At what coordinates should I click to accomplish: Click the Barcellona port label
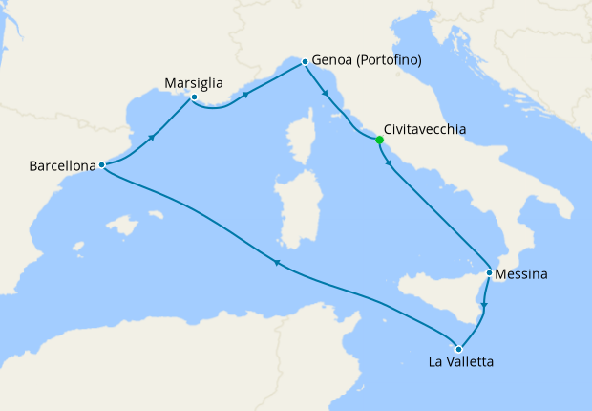point(63,165)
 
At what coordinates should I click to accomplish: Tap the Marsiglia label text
point(193,82)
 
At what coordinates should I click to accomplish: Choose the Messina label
point(523,274)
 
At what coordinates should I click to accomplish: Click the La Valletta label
point(462,361)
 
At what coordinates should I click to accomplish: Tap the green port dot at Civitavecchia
point(380,140)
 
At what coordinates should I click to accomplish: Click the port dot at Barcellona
point(102,165)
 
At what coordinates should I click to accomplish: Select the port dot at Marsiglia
point(194,97)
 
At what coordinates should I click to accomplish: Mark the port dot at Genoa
point(305,61)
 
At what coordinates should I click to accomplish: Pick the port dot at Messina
point(490,273)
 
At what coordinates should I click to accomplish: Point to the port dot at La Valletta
point(459,348)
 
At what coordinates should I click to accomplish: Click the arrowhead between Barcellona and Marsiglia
point(151,139)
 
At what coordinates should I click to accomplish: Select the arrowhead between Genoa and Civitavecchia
point(327,95)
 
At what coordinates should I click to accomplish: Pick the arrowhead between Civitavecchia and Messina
point(388,163)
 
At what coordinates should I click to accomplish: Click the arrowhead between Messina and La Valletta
point(484,306)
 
